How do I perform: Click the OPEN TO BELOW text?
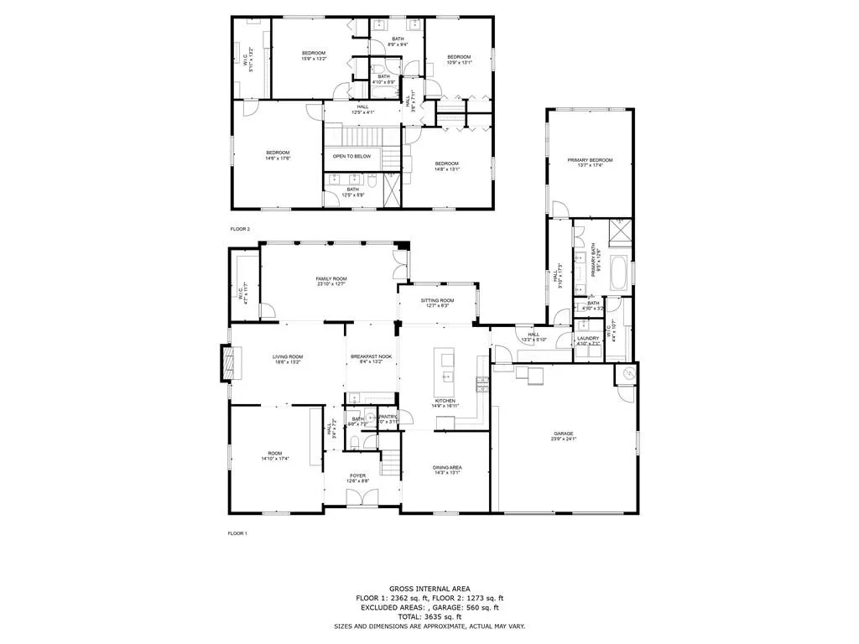click(x=352, y=156)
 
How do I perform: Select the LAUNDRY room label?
click(x=588, y=340)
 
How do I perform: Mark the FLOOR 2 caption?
click(x=240, y=228)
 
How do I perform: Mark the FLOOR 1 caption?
click(x=239, y=533)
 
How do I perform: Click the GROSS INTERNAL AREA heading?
click(x=429, y=588)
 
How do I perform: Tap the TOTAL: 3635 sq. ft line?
click(x=429, y=616)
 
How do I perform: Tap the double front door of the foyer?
click(x=358, y=497)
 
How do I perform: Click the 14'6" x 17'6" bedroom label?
click(x=278, y=155)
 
